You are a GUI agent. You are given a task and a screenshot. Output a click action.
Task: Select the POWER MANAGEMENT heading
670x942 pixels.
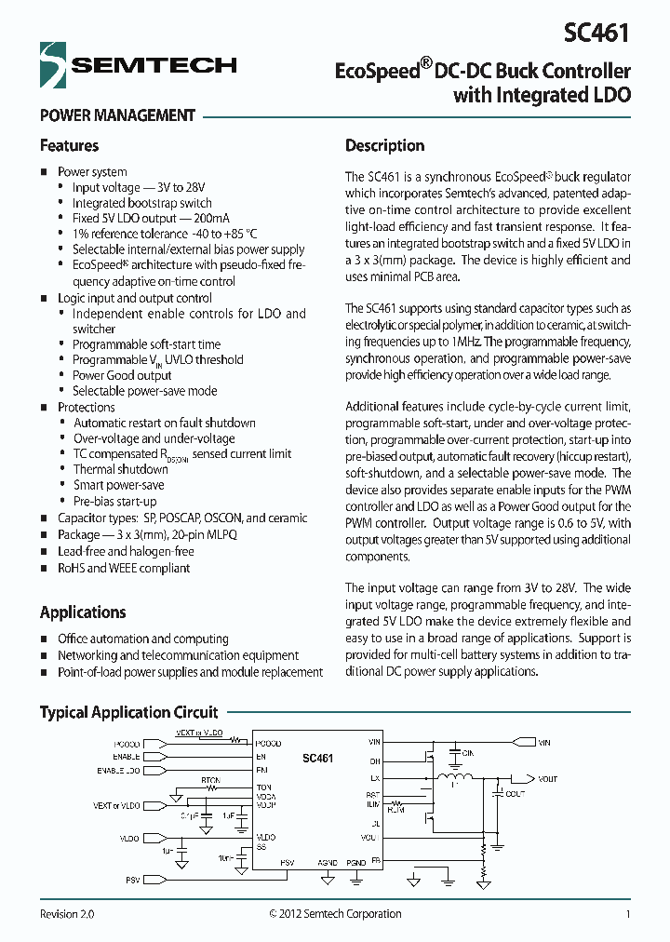(x=117, y=116)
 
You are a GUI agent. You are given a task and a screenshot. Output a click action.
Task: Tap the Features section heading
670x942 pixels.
(x=69, y=146)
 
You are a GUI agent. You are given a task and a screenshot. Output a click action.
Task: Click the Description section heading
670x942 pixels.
(x=384, y=146)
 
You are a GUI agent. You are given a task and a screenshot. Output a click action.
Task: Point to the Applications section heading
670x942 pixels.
(x=83, y=612)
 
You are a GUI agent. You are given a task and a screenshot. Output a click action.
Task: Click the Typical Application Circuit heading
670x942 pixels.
(x=128, y=712)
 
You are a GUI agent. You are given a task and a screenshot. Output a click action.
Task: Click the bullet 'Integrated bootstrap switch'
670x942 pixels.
(x=142, y=203)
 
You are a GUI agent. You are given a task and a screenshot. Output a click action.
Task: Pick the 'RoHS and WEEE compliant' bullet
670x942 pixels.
(x=124, y=567)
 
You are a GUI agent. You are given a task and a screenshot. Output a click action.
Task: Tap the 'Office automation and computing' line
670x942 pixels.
(x=142, y=639)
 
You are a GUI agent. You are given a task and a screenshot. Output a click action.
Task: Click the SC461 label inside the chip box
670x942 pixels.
(x=317, y=760)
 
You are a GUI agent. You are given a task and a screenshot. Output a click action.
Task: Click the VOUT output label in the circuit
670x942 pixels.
(x=547, y=778)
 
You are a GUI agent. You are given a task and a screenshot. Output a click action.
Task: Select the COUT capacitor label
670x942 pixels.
(x=514, y=794)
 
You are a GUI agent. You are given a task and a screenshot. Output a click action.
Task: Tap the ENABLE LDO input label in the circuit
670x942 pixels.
(x=118, y=771)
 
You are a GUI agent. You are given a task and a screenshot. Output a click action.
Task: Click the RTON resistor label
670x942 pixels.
(x=211, y=781)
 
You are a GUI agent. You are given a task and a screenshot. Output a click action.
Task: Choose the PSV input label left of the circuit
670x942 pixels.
(x=132, y=880)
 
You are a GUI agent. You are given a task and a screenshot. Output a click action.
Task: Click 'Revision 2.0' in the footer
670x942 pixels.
(x=67, y=914)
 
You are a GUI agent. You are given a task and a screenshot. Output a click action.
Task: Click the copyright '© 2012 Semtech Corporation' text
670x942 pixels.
(x=335, y=914)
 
